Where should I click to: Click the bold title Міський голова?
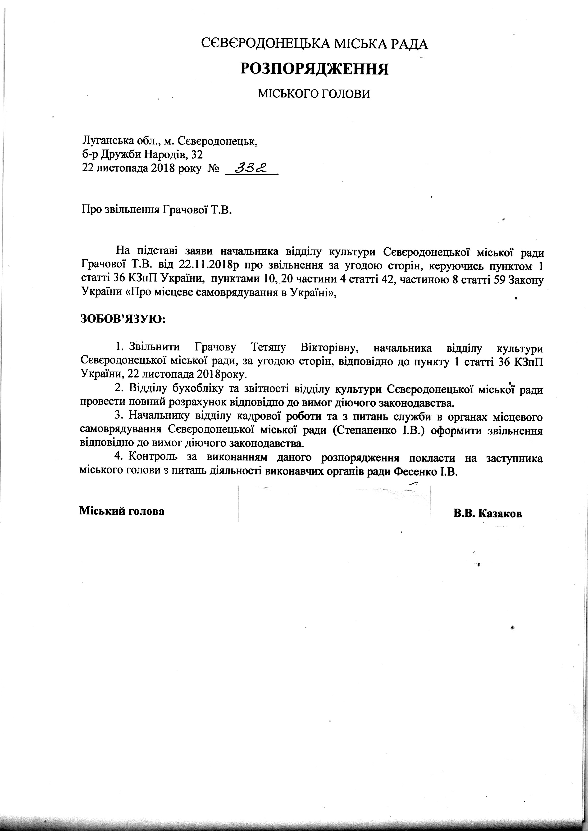[x=122, y=511]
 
